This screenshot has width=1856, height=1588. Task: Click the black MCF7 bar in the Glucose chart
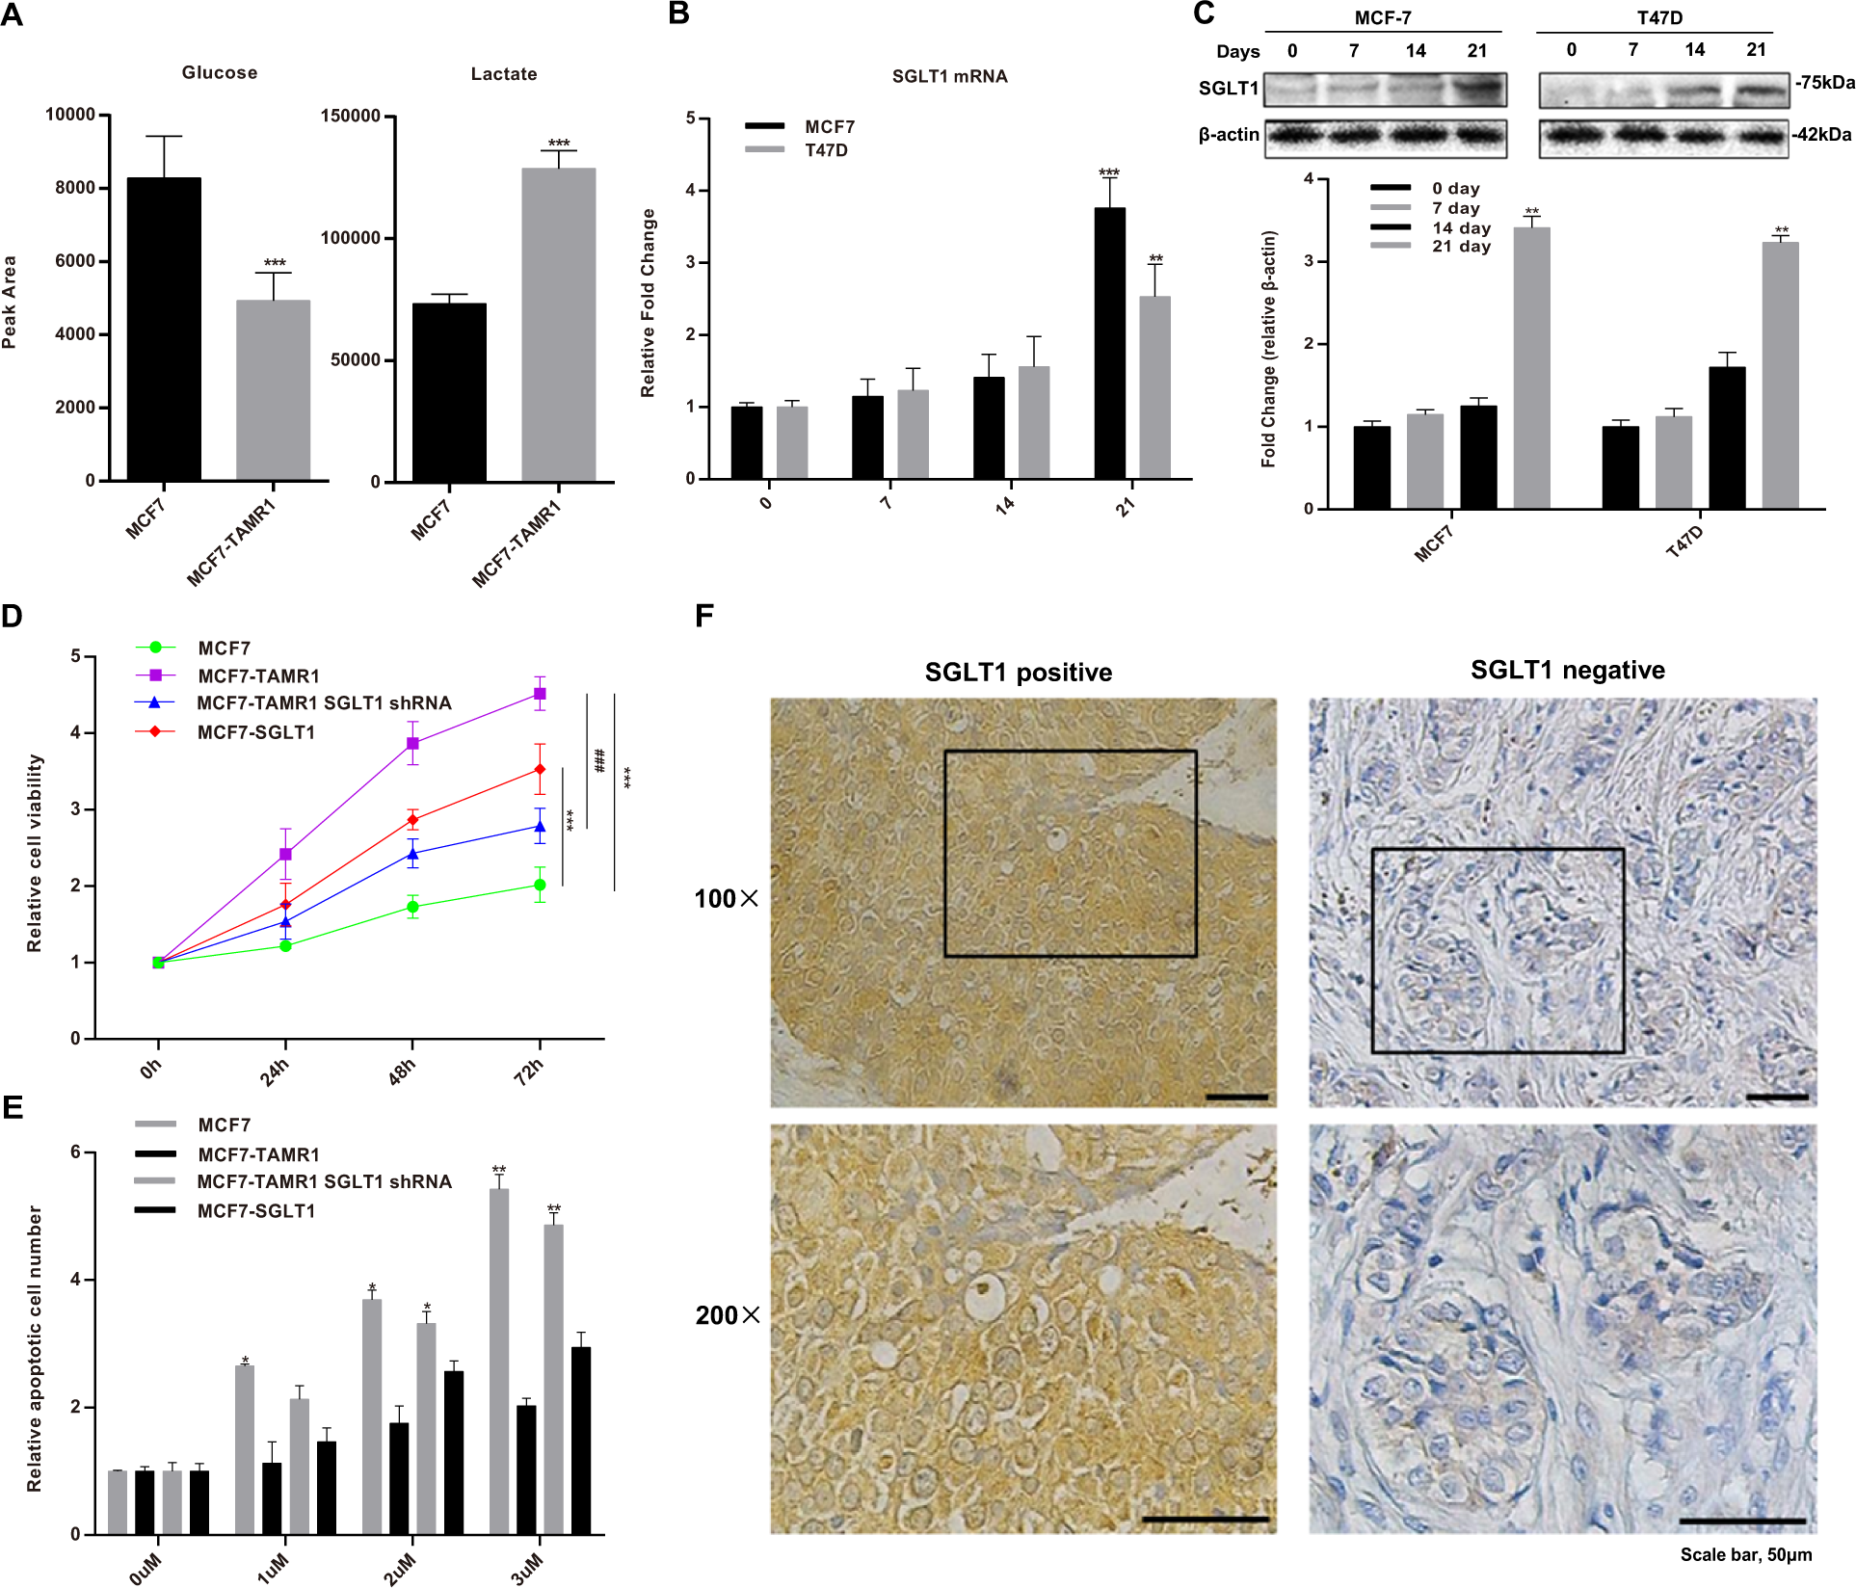point(164,329)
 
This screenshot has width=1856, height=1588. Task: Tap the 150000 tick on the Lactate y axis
point(350,117)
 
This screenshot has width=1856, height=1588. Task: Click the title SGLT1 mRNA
point(949,77)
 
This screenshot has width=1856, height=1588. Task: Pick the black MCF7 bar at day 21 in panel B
point(1109,343)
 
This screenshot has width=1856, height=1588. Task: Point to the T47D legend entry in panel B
point(826,150)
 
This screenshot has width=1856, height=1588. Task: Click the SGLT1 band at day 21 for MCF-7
point(1477,90)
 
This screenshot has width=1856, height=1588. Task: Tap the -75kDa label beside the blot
point(1824,83)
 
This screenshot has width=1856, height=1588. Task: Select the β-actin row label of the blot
point(1229,135)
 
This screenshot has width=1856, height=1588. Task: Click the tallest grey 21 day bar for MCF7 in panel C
point(1531,367)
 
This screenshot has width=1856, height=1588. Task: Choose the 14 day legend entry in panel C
point(1461,228)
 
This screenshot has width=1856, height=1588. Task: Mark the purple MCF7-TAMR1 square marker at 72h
point(540,694)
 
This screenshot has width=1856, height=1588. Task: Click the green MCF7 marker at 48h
point(412,907)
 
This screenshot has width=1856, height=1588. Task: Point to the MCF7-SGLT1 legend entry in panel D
point(255,732)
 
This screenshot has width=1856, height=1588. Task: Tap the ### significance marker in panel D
point(599,760)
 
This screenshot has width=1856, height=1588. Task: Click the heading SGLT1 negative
point(1567,671)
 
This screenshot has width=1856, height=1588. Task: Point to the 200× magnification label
point(728,1315)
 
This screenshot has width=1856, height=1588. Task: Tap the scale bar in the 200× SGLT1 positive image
point(1205,1520)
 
